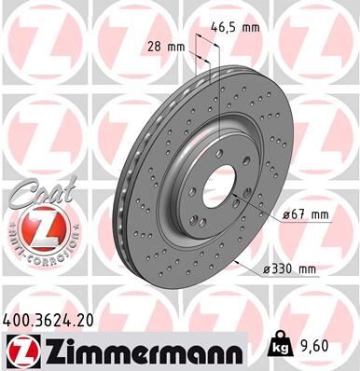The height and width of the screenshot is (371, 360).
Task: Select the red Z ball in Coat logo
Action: click(34, 227)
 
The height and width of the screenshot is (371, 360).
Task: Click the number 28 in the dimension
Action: click(155, 46)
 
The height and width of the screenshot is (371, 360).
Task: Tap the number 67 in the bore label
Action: click(304, 216)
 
